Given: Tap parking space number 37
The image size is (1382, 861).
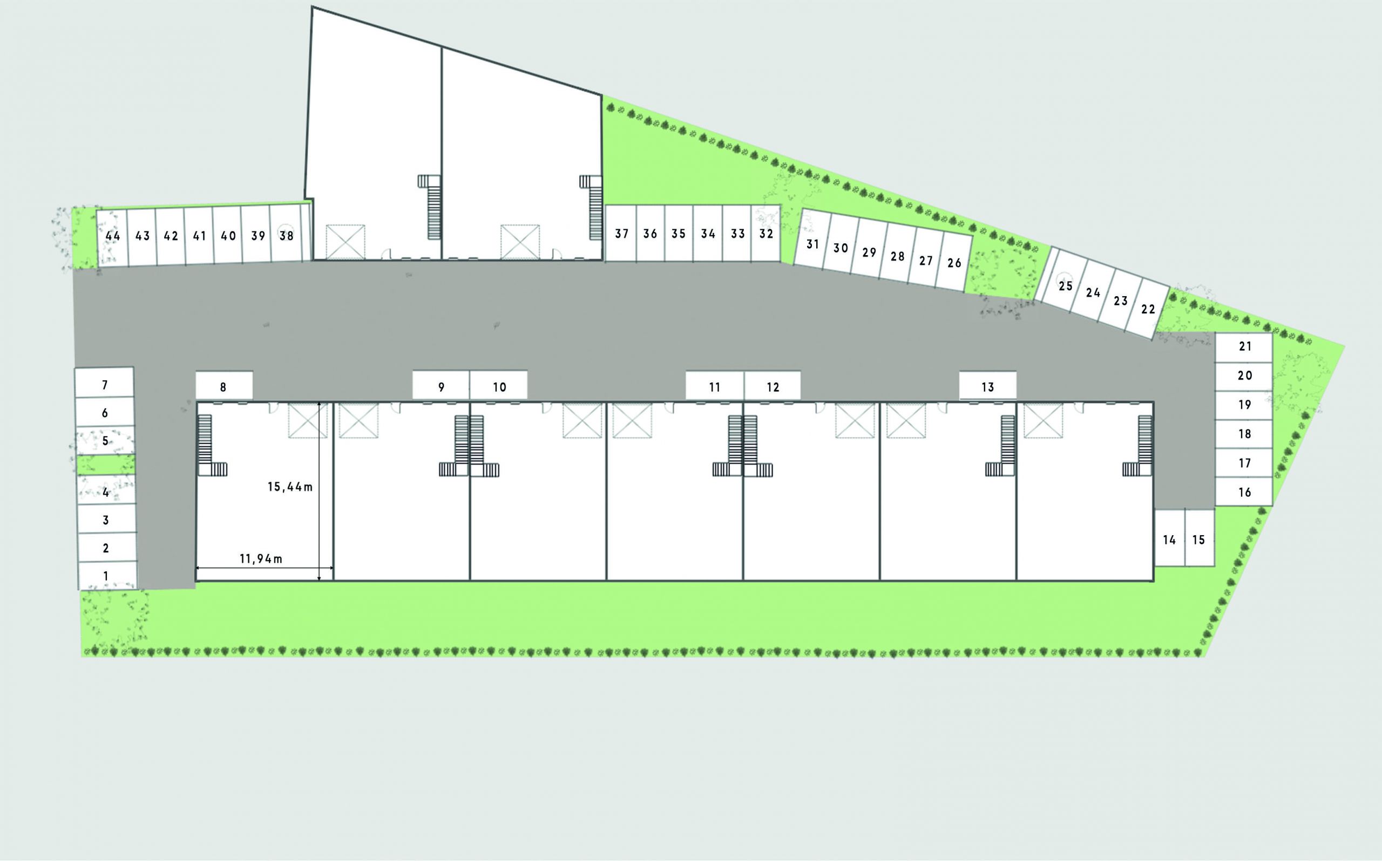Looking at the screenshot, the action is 621,234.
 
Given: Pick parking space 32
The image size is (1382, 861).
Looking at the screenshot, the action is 765,234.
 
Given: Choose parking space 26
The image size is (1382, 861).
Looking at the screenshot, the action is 954,263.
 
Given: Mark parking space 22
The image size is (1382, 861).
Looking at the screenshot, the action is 1147,309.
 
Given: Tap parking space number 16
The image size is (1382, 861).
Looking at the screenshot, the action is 1244,491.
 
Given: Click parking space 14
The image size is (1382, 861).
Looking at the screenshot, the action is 1169,538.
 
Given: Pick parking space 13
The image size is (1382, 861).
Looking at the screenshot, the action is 988,386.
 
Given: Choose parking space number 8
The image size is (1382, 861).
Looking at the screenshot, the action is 224,386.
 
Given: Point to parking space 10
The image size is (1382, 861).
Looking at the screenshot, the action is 498,386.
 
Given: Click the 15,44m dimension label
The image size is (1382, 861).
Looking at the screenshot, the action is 290,487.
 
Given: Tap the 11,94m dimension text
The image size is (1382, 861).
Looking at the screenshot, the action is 261,559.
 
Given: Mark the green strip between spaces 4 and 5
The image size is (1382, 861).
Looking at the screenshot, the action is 106,464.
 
